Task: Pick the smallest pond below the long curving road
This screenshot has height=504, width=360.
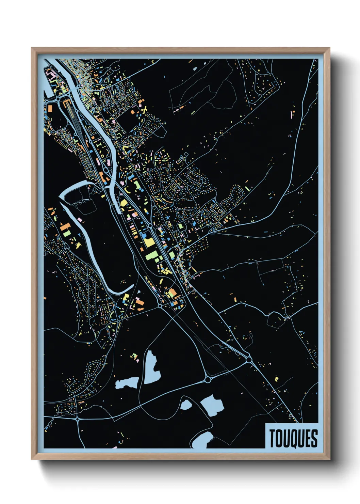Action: point(186,405)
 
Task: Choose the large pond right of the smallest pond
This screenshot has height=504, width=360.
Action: point(212,405)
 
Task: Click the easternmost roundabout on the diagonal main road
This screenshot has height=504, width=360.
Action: point(249,359)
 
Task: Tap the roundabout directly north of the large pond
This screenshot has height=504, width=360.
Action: point(208,379)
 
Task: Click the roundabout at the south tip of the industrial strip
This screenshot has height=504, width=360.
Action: point(160,306)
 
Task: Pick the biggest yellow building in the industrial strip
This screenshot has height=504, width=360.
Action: point(149,242)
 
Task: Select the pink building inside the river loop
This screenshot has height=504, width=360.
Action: point(81,220)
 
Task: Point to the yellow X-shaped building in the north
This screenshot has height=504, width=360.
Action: point(144,110)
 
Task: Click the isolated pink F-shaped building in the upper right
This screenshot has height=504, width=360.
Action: point(292,114)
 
